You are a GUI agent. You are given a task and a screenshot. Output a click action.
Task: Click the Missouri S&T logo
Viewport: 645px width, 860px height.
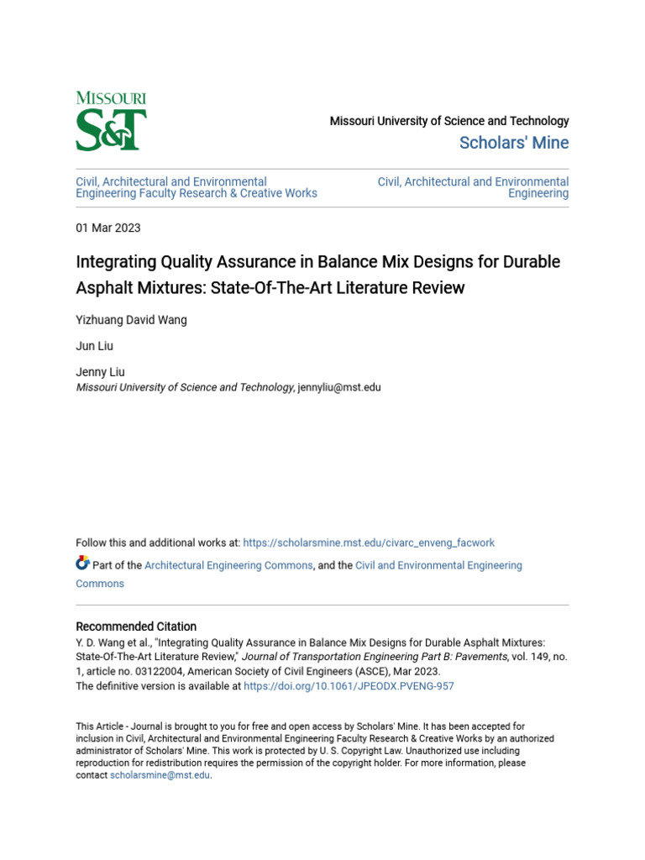coord(111,122)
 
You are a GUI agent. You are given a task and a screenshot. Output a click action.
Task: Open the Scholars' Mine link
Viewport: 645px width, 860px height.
coord(514,143)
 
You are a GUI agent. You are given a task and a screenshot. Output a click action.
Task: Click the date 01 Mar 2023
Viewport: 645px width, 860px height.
coord(108,228)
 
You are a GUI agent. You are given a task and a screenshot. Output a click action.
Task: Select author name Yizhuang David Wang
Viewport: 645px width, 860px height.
coord(130,319)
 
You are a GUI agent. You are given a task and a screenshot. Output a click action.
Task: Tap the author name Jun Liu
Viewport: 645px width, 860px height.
coord(94,346)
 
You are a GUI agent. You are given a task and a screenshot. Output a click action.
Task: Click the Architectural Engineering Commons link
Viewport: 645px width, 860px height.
coord(228,565)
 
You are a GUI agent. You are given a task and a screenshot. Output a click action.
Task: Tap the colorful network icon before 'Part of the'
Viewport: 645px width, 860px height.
coord(82,564)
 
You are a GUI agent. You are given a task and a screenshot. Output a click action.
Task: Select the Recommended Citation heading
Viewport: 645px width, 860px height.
coord(136,627)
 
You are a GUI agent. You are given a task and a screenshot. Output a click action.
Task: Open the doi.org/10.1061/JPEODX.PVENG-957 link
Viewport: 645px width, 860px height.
coord(349,686)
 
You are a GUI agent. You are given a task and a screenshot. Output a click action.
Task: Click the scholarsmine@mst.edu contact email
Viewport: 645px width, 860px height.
coord(160,775)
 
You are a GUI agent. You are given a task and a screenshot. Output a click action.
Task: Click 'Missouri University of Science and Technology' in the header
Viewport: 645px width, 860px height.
coord(449,121)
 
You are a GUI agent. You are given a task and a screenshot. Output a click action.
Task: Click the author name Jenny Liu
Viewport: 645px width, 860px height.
coord(100,373)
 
